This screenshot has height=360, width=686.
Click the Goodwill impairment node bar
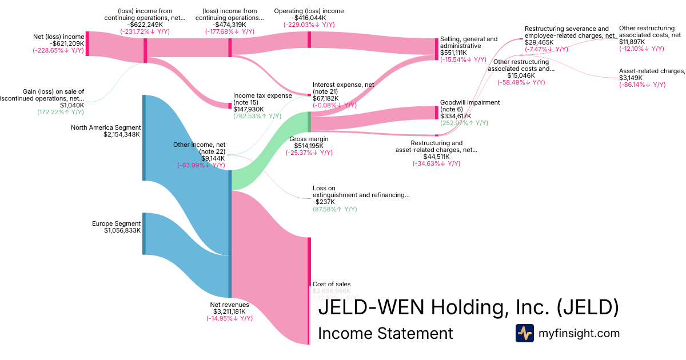click(437, 113)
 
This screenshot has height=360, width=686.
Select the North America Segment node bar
click(144, 138)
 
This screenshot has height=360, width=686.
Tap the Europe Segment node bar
click(144, 234)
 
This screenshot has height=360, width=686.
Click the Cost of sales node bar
click(309, 291)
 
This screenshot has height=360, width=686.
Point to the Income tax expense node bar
click(230, 106)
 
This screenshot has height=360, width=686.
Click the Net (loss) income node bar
click(87, 44)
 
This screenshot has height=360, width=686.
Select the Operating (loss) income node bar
click(309, 40)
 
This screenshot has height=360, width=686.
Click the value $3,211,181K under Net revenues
click(230, 311)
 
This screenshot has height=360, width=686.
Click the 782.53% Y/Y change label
click(257, 116)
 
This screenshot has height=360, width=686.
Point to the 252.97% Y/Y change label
click(464, 123)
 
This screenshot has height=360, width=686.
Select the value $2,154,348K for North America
click(122, 135)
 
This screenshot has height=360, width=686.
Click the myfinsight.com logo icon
click(524, 333)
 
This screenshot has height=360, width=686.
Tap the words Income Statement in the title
click(385, 333)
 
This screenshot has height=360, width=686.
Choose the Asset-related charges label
click(652, 71)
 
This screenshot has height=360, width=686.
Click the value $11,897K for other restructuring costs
click(632, 42)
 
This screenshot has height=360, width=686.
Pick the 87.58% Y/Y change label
click(334, 209)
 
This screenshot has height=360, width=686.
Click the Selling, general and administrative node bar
click(437, 49)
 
